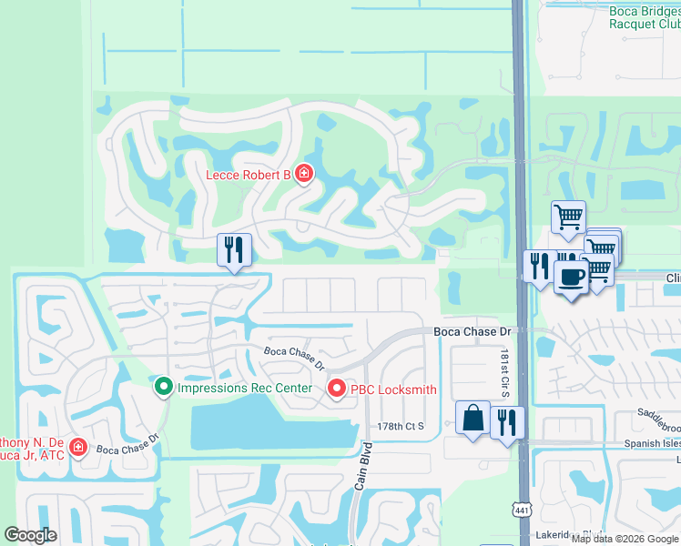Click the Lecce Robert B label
coord(248,175)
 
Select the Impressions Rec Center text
coord(245,389)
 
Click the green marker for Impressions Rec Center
coord(164,389)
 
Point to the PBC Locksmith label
coord(394,389)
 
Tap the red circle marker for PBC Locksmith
coord(336,389)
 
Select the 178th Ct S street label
coord(401,426)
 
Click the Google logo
coord(30,535)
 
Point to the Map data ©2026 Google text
coord(625,539)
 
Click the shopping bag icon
coord(473,419)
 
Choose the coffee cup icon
coord(571,278)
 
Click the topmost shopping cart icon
coord(568,217)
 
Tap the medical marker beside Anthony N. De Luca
coord(78,448)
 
